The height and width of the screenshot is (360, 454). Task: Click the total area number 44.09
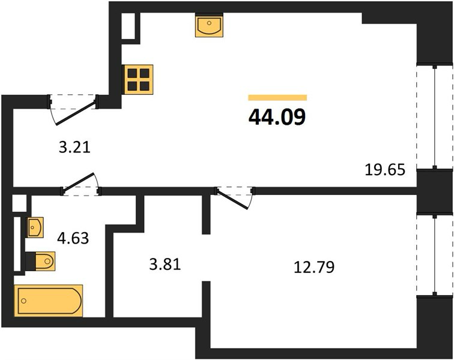pyautogui.click(x=277, y=117)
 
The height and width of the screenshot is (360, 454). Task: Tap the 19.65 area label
pyautogui.click(x=385, y=170)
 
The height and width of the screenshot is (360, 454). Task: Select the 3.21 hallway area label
pyautogui.click(x=74, y=148)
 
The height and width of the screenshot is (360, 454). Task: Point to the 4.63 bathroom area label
pyautogui.click(x=73, y=238)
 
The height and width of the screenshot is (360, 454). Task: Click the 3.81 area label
pyautogui.click(x=165, y=265)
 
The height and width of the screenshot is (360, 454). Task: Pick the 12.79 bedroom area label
pyautogui.click(x=314, y=267)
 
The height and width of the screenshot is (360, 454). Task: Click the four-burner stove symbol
pyautogui.click(x=138, y=79)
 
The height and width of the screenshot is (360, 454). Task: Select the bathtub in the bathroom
pyautogui.click(x=49, y=301)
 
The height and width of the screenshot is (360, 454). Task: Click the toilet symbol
pyautogui.click(x=41, y=262)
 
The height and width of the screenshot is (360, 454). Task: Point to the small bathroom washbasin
pyautogui.click(x=35, y=227)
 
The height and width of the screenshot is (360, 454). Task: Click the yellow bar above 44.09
pyautogui.click(x=277, y=98)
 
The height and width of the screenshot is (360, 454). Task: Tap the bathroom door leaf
pyautogui.click(x=78, y=182)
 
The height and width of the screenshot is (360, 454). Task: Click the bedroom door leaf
pyautogui.click(x=232, y=199)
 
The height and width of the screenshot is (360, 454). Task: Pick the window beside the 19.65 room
pyautogui.click(x=435, y=116)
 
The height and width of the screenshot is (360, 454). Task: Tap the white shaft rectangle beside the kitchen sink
pyautogui.click(x=129, y=26)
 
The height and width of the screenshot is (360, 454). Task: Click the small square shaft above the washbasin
pyautogui.click(x=19, y=203)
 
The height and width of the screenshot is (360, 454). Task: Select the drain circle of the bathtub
pyautogui.click(x=24, y=301)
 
